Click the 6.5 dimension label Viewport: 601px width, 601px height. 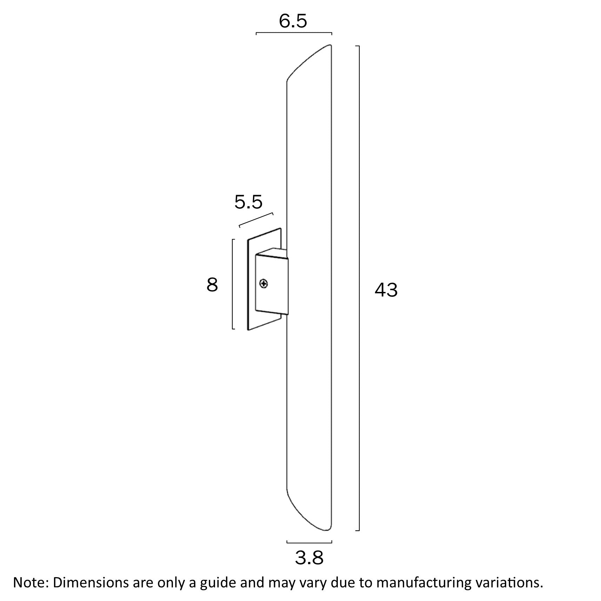click(293, 21)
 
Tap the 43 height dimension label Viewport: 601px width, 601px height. click(386, 290)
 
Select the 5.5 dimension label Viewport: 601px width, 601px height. click(248, 202)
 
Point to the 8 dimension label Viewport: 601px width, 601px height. click(212, 285)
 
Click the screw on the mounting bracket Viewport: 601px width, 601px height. click(263, 283)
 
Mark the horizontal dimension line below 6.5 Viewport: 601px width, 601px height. click(294, 33)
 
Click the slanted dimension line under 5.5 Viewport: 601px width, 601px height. click(256, 220)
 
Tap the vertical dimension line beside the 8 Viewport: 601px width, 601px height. click(233, 284)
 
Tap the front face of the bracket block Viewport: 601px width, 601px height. click(272, 284)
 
